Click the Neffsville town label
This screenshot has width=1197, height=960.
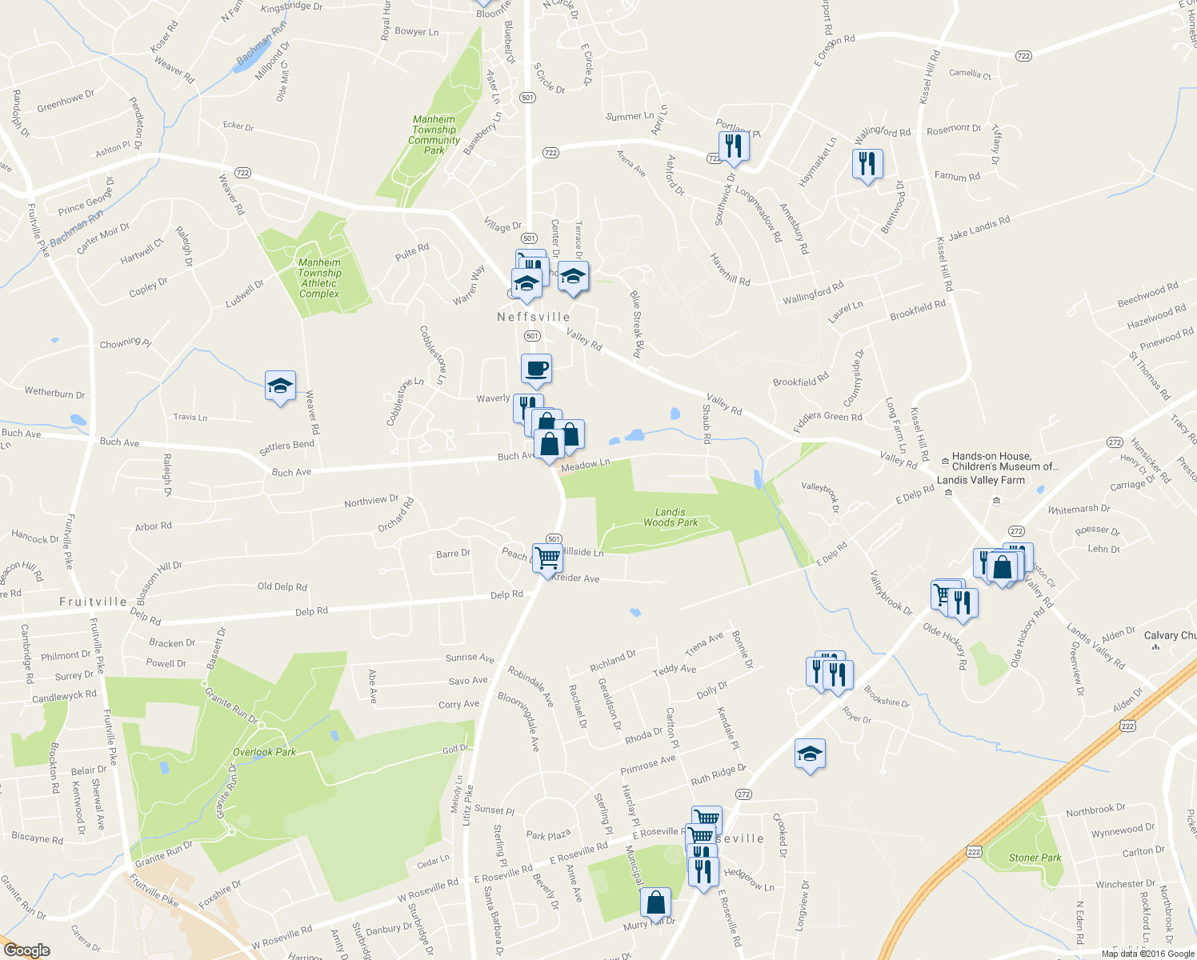534,317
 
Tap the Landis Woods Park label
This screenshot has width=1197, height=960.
671,518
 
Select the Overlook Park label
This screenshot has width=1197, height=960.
264,752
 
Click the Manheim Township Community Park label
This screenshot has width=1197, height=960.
434,134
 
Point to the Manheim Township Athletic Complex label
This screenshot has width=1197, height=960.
319,278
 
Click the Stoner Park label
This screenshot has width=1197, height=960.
1035,858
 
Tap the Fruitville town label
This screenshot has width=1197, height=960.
93,602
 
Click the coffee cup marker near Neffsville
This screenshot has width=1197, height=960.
536,370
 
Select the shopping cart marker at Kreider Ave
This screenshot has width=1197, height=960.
547,558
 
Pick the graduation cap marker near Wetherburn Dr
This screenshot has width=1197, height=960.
280,386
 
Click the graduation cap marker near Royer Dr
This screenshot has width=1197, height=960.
810,754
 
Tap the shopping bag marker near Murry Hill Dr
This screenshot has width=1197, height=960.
655,903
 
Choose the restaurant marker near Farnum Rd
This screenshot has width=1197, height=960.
867,164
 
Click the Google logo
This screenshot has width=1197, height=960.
26,950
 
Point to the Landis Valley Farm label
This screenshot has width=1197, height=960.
980,480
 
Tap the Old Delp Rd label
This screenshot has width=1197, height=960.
282,586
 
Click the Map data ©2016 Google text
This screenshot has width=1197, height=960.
1147,954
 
